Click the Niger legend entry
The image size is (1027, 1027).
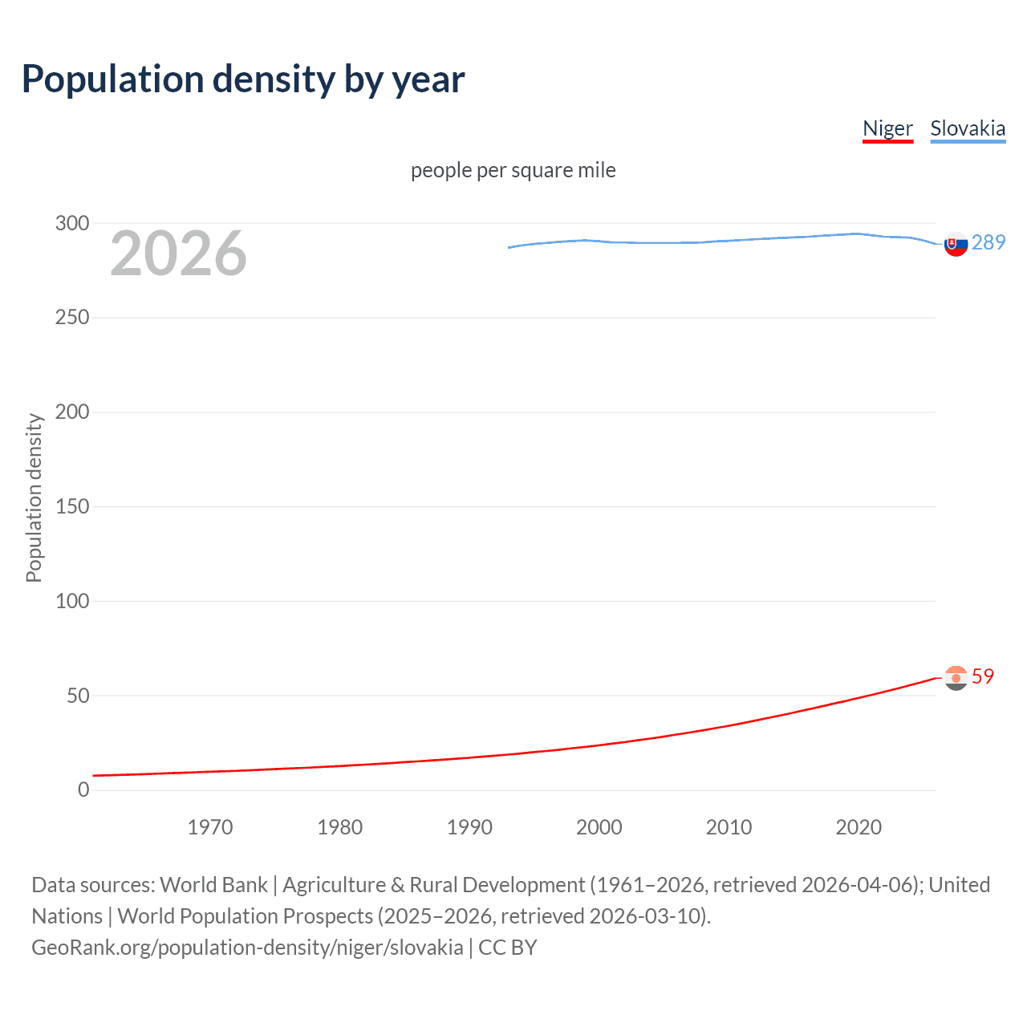(887, 128)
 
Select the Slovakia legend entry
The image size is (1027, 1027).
(967, 128)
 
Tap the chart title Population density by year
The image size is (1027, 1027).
(243, 79)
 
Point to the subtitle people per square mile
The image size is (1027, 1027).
(513, 170)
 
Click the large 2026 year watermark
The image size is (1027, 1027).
(178, 254)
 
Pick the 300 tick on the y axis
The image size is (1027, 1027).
(72, 223)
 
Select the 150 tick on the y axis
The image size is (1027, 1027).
(72, 506)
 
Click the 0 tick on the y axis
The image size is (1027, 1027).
(83, 790)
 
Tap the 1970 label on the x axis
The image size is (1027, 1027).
(210, 827)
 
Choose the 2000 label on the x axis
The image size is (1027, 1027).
(599, 827)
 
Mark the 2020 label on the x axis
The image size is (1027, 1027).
(859, 827)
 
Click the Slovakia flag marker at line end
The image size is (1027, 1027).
(956, 244)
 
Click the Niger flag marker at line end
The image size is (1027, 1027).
(956, 678)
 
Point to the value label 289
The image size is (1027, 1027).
(988, 242)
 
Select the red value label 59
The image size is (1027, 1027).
(983, 676)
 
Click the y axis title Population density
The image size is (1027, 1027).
(34, 497)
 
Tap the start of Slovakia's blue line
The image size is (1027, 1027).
(509, 247)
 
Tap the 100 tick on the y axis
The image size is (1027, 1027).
(72, 601)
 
